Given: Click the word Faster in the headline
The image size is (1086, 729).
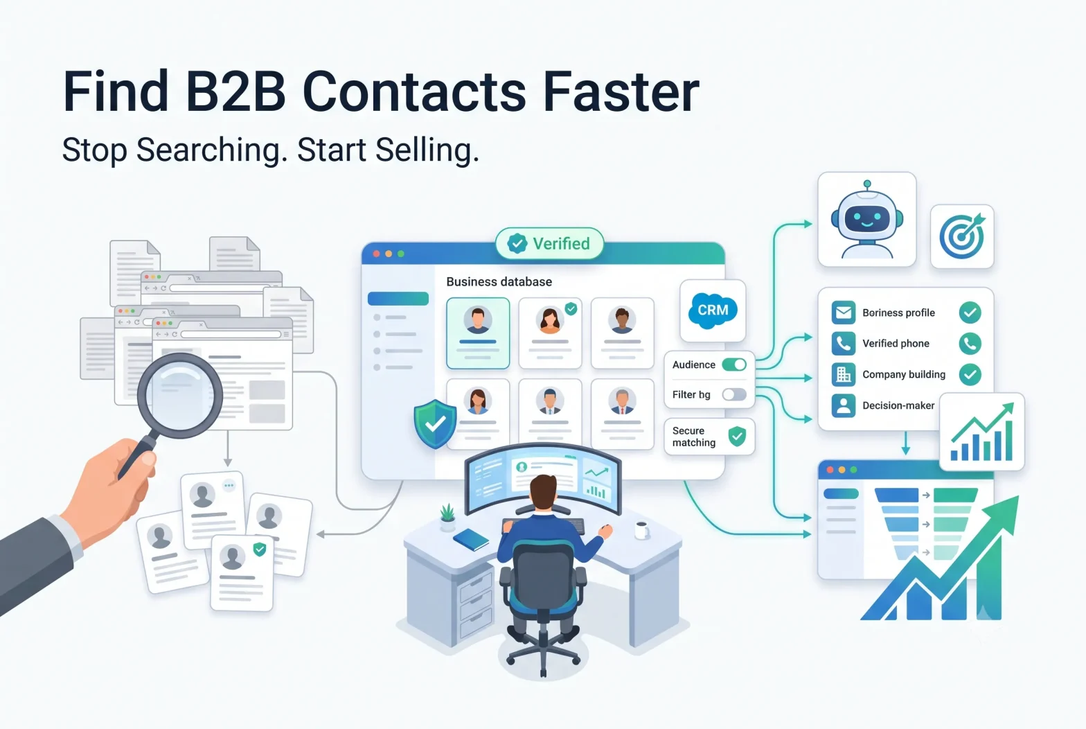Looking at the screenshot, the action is pos(621,91).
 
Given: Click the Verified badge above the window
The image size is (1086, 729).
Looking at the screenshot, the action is pos(549,243).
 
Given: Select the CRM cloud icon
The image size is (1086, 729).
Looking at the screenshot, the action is pos(713,310).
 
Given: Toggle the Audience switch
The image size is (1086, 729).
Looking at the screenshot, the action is pos(734,364).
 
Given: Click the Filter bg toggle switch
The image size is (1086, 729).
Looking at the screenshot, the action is pos(734,394).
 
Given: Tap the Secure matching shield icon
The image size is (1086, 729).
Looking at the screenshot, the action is pos(737,437).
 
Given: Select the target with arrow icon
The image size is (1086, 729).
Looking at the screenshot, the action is pos(963,236).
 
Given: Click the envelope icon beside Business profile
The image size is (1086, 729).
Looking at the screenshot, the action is pos(843,313).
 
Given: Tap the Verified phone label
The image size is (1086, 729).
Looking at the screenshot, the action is pos(896,344).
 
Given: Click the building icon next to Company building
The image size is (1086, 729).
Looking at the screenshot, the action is pos(843,374).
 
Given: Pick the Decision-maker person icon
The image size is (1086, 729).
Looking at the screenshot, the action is pos(843,405).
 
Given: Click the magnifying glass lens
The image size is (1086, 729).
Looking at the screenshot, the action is pos(180,395).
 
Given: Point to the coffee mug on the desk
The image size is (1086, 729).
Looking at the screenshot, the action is pos(642,530).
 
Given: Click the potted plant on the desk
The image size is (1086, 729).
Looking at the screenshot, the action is pos(447,517).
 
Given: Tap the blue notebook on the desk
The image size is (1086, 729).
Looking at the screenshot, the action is pos(471,539).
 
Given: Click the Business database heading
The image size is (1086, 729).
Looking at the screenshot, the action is pos(499,282).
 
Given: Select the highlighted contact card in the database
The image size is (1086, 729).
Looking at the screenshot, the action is pos(478,333).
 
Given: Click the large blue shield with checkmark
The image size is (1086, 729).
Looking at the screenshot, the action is pos(435,424).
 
